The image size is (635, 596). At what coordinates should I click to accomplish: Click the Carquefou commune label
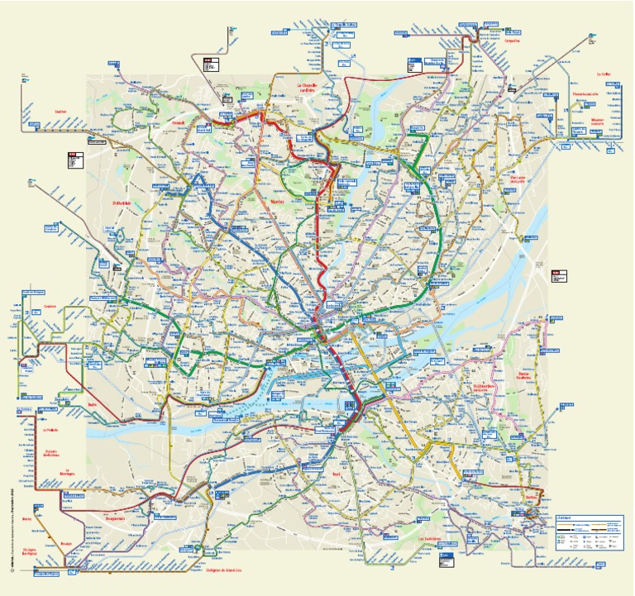[x=513, y=39]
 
